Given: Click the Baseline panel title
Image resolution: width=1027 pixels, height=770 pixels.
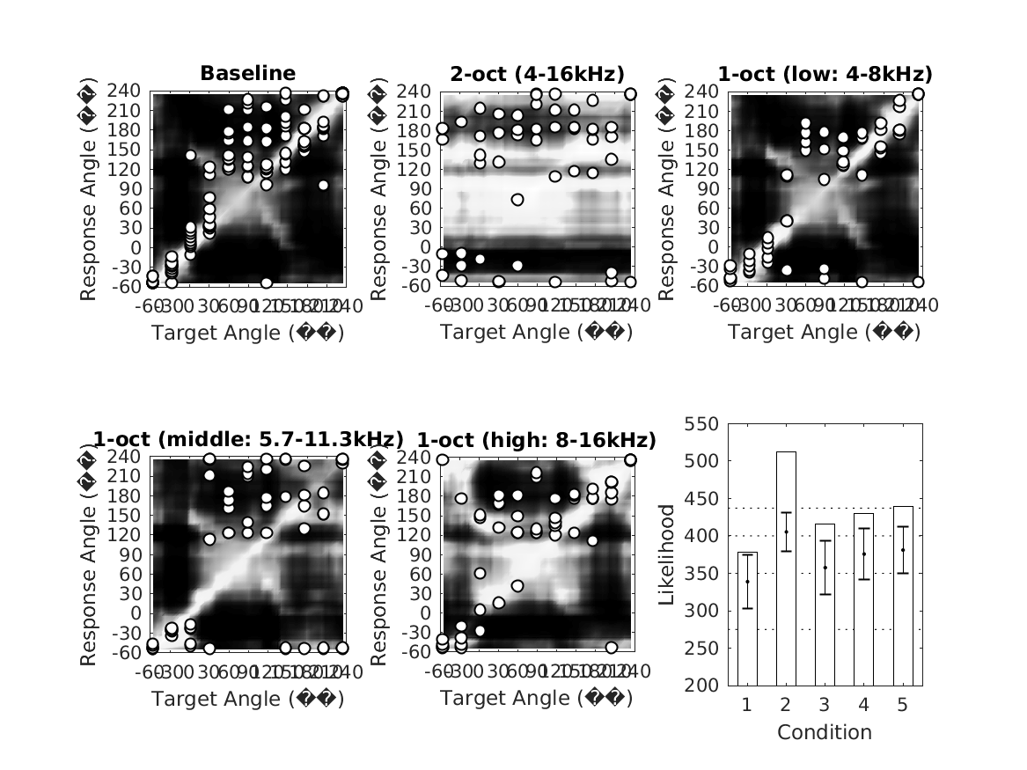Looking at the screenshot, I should pyautogui.click(x=247, y=73).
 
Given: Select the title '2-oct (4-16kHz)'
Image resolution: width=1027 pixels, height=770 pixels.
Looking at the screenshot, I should pyautogui.click(x=536, y=73).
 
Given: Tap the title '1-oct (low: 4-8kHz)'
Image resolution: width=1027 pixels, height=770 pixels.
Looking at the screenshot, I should pyautogui.click(x=825, y=73).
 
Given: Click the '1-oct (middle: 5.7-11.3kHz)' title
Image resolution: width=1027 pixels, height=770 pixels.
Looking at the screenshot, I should pyautogui.click(x=247, y=440).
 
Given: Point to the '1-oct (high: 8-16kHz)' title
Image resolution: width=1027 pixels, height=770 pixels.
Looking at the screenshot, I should pyautogui.click(x=536, y=440).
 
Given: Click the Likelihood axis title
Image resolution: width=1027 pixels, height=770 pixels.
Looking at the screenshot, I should pyautogui.click(x=667, y=554).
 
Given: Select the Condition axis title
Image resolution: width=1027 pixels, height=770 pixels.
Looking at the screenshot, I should pyautogui.click(x=825, y=732).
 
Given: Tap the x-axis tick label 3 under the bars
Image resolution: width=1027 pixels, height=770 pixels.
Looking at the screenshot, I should pyautogui.click(x=825, y=706).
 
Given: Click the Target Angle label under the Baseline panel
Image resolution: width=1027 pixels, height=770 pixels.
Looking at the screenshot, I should pyautogui.click(x=247, y=333).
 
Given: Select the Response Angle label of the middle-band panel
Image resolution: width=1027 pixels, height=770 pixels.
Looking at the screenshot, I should pyautogui.click(x=89, y=554).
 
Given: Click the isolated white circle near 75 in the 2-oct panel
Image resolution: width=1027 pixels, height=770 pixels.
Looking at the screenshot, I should pyautogui.click(x=517, y=200).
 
